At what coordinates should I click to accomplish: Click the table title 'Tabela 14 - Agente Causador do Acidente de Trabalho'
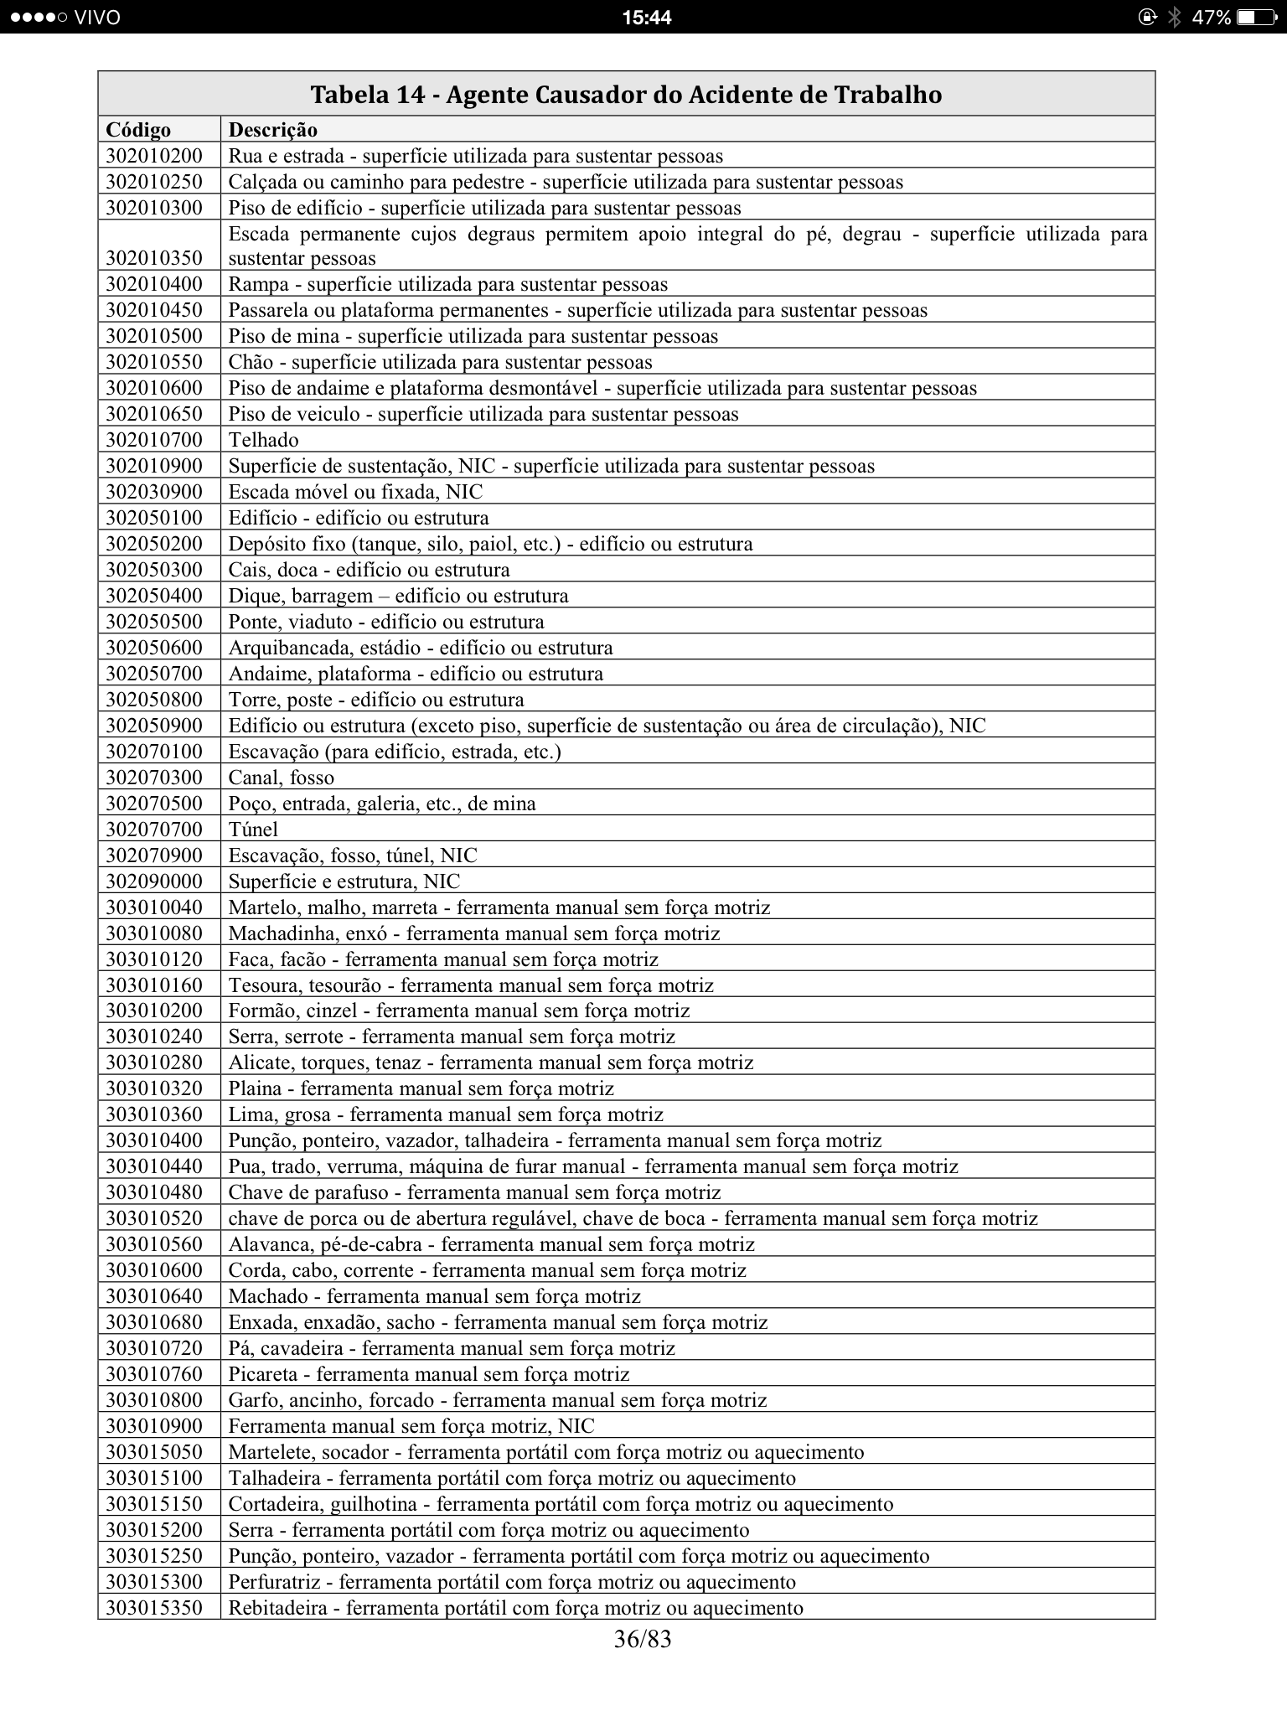(x=626, y=95)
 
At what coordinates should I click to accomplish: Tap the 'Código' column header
(x=138, y=130)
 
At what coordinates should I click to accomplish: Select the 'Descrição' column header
(x=273, y=130)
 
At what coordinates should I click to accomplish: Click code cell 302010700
(x=154, y=440)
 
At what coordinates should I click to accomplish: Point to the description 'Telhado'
(x=264, y=440)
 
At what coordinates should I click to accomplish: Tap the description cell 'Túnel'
(x=253, y=830)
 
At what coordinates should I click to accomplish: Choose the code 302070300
(x=154, y=778)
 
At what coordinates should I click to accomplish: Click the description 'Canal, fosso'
(x=282, y=778)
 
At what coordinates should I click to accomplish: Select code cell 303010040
(x=154, y=907)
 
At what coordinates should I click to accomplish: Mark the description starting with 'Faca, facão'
(x=443, y=959)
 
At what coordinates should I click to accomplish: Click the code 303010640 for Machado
(x=154, y=1297)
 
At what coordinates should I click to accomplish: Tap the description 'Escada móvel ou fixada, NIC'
(x=355, y=492)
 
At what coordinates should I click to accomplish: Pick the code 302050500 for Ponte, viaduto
(x=154, y=622)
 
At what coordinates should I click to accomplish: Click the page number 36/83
(x=643, y=1639)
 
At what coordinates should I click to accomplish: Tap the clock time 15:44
(x=646, y=18)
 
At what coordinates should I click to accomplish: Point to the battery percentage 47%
(x=1211, y=18)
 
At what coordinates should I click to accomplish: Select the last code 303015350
(x=154, y=1609)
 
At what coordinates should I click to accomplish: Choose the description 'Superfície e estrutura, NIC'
(x=344, y=881)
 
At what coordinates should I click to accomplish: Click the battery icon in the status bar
(x=1254, y=18)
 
